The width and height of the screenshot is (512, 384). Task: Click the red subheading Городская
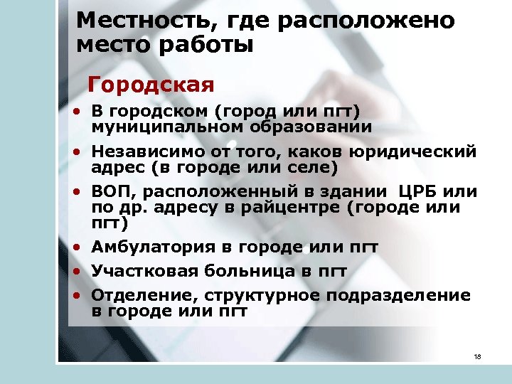click(151, 85)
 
